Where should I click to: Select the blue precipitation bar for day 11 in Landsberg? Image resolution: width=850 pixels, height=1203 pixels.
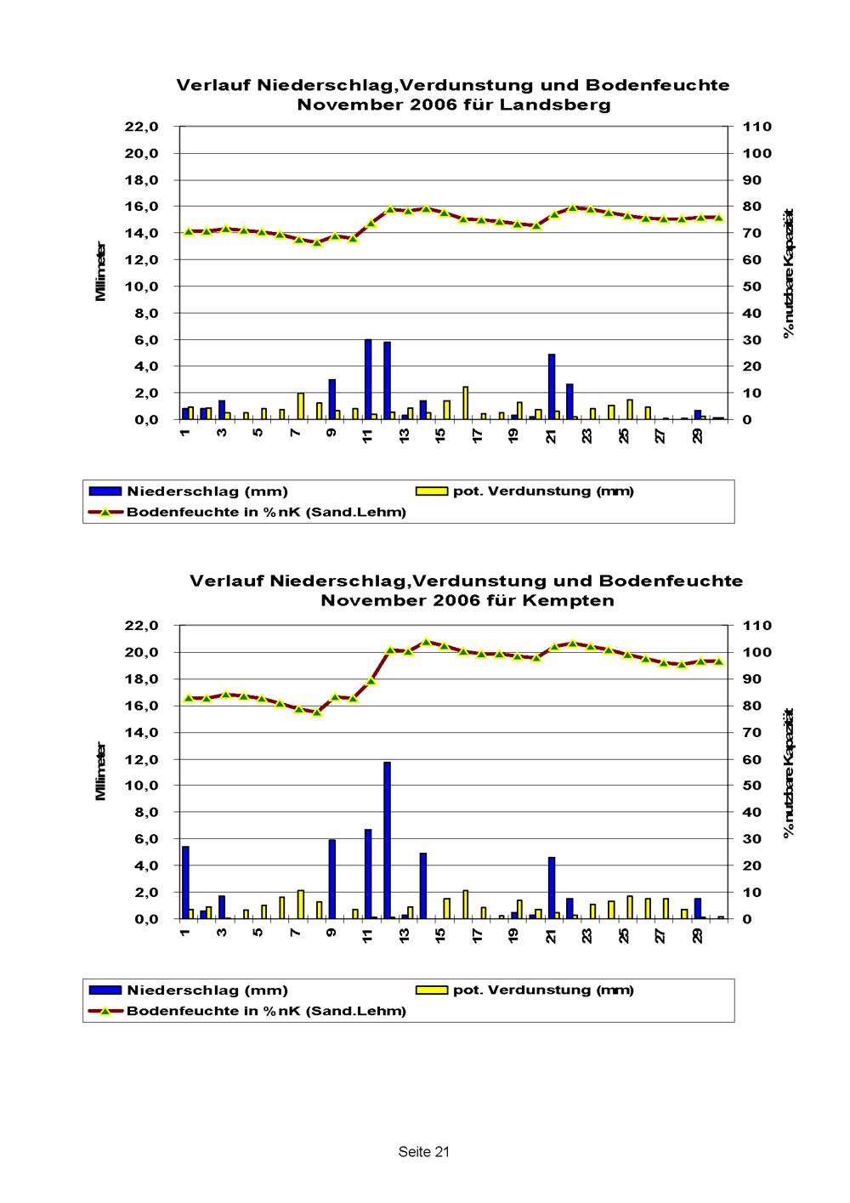[368, 379]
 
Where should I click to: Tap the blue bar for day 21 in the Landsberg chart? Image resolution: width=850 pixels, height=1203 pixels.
[551, 387]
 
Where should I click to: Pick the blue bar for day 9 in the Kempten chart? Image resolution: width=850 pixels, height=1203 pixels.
[331, 879]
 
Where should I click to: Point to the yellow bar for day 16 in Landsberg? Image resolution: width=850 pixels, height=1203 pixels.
[466, 403]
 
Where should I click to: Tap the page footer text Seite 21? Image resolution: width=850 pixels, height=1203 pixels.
[423, 1152]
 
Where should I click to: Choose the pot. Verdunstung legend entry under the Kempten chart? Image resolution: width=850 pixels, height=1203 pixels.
[543, 990]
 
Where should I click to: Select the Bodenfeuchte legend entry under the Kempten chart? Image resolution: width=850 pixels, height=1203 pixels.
[266, 1011]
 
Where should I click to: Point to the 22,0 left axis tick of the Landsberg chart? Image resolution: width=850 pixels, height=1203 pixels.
[142, 127]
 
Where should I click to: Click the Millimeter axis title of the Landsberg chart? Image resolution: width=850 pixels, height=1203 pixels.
[101, 272]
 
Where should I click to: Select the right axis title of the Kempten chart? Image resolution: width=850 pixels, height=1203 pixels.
[789, 772]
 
